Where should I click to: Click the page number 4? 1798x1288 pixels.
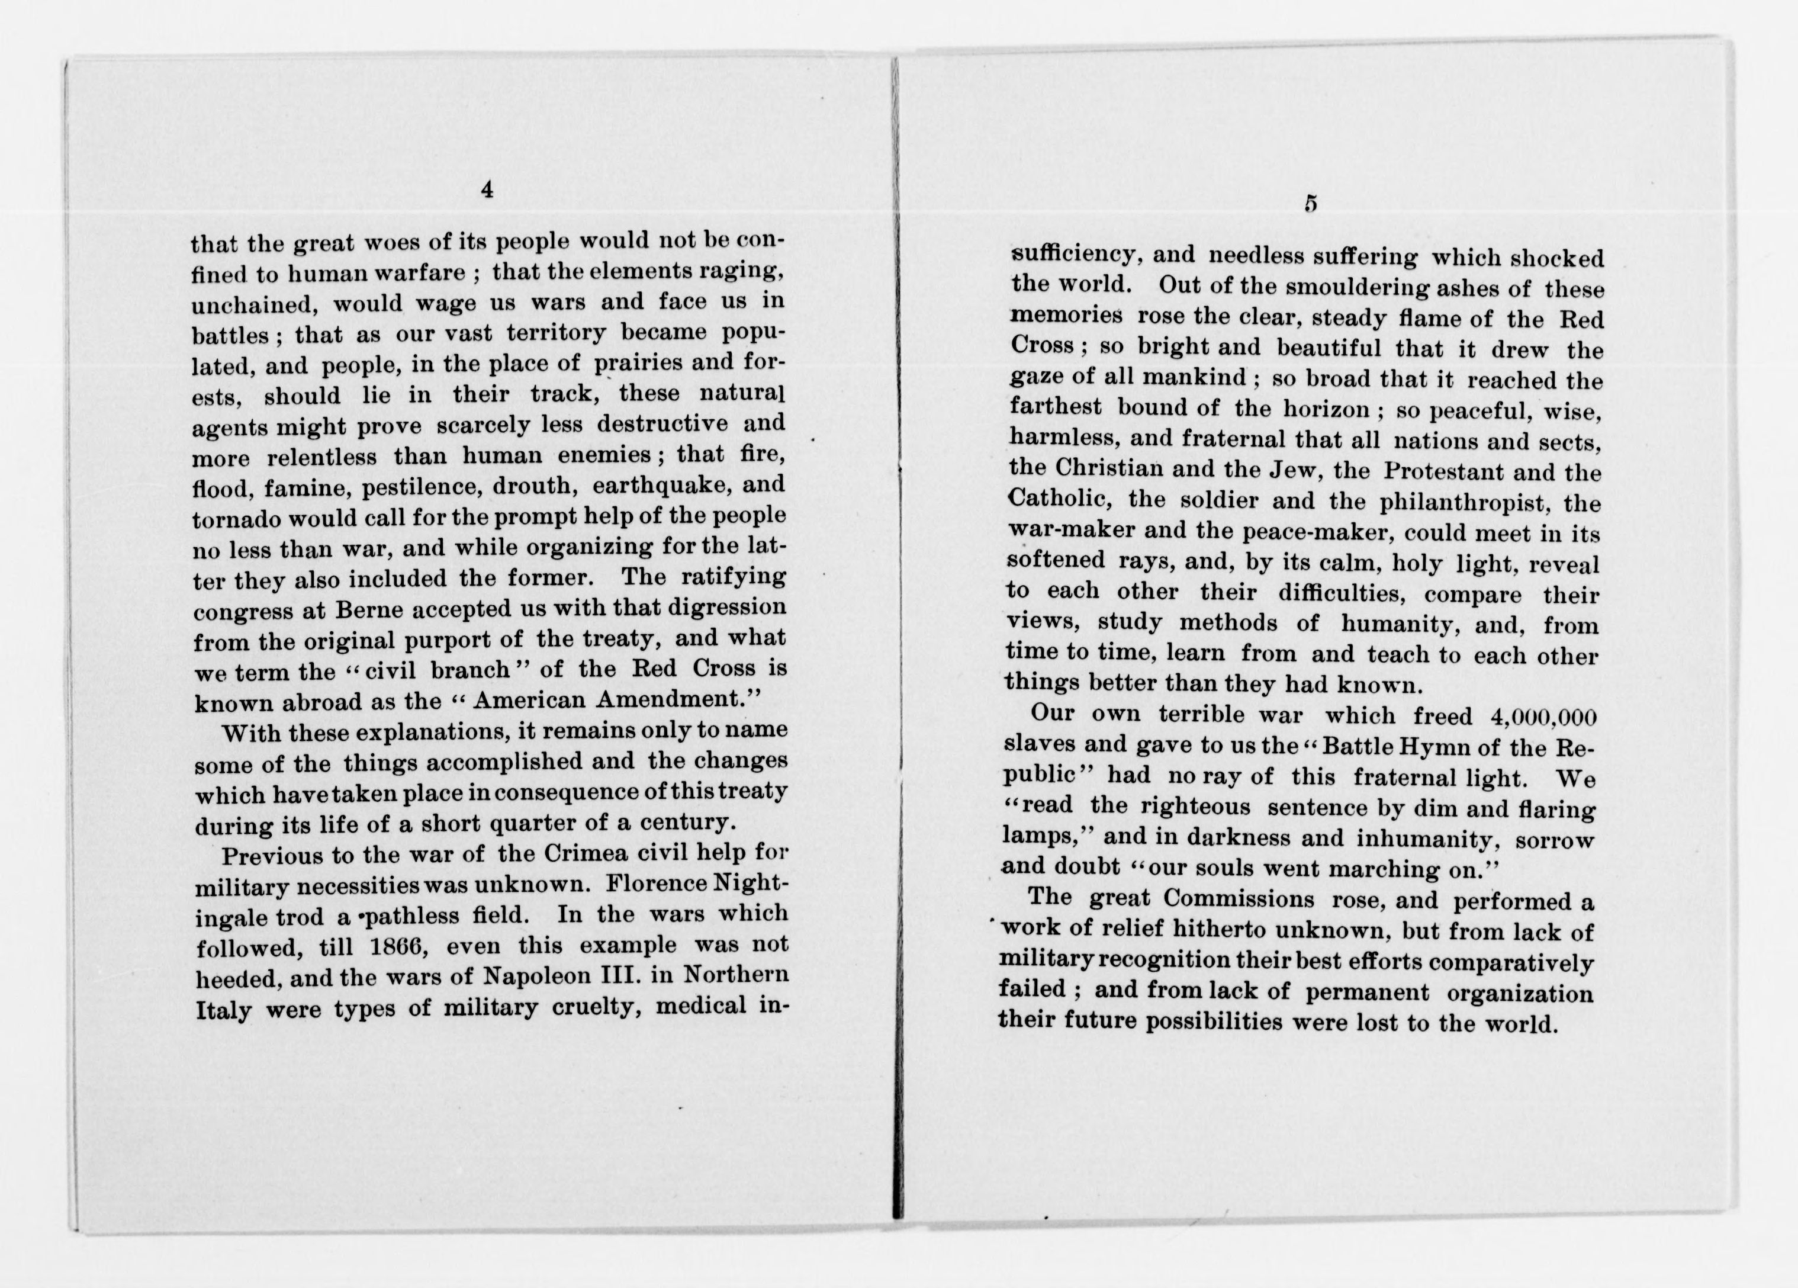[487, 190]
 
